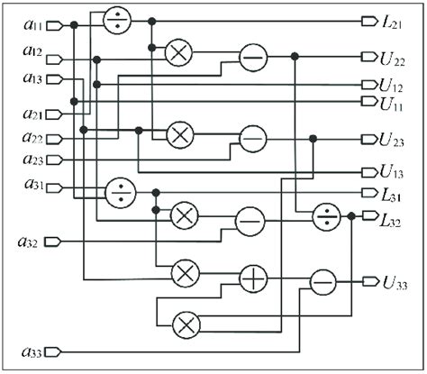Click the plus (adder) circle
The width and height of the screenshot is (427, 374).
tap(255, 280)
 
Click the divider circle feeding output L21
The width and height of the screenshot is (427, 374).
tap(118, 22)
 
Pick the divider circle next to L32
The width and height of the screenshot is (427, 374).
tap(323, 216)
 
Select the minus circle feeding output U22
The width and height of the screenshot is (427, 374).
tap(252, 58)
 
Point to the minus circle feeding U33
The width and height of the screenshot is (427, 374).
tap(322, 282)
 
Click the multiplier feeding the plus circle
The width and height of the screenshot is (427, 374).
tap(186, 270)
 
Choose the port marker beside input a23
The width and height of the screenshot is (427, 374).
tap(54, 160)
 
